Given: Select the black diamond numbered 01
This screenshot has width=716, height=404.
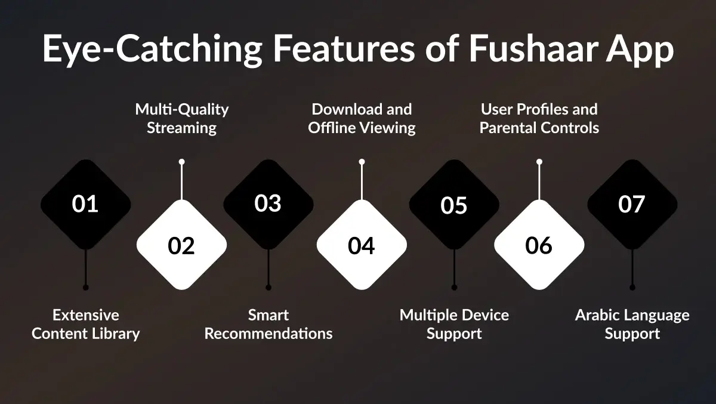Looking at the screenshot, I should [x=85, y=204].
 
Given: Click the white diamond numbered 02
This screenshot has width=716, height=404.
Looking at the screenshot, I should [x=181, y=245].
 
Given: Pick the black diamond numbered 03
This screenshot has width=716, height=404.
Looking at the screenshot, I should [x=268, y=203].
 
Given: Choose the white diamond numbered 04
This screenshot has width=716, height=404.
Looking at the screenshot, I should [x=362, y=245].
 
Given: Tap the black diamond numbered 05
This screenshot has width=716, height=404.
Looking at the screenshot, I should [x=454, y=205].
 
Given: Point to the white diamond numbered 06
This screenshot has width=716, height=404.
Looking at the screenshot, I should [x=539, y=245].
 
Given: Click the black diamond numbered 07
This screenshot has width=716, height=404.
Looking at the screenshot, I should [x=632, y=204].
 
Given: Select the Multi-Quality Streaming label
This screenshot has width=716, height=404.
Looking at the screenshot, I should [x=181, y=118].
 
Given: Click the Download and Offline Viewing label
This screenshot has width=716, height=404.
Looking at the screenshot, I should [x=362, y=118].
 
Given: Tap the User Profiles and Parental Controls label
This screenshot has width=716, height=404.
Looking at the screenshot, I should [x=539, y=118].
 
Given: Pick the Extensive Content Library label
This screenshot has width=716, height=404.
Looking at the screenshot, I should [x=85, y=324].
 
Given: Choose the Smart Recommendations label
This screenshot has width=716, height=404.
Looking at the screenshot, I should [x=268, y=324].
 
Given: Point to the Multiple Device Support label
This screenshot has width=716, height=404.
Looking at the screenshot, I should [x=454, y=324].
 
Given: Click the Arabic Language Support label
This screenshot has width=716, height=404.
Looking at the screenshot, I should [x=632, y=324].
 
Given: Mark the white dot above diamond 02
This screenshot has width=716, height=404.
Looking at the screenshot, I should [x=181, y=162].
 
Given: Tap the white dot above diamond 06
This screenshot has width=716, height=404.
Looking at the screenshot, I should [x=539, y=162].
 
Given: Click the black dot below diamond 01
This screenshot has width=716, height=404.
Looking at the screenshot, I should [x=85, y=288].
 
